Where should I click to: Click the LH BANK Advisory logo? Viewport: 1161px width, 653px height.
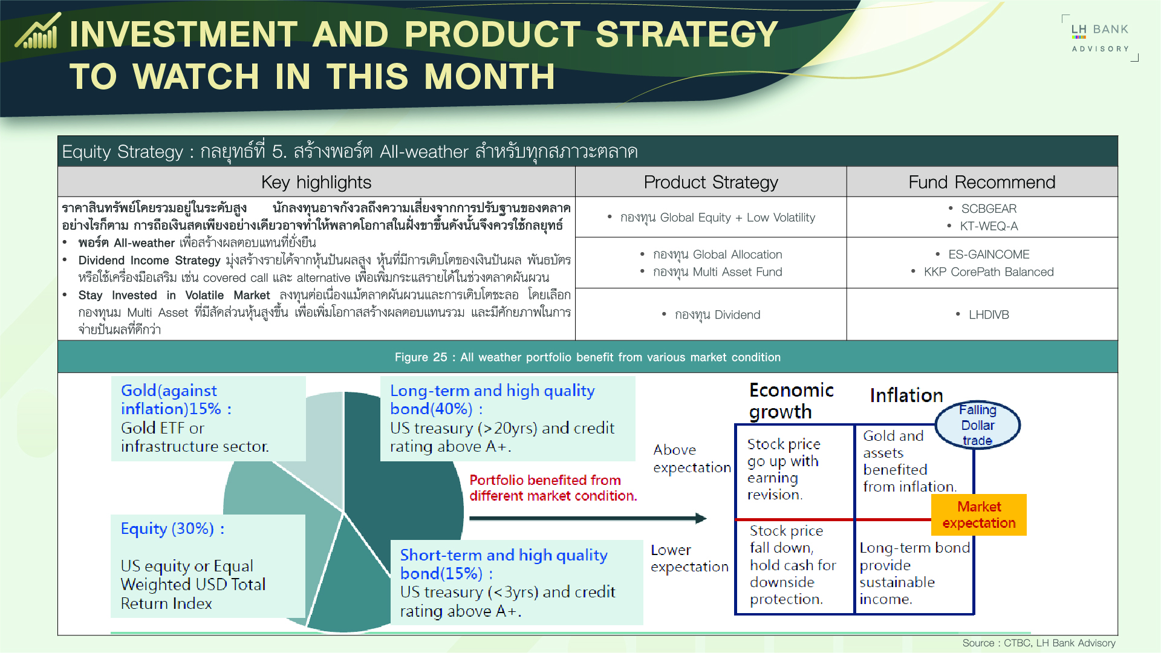(x=1100, y=37)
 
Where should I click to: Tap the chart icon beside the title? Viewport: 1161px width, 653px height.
(x=38, y=31)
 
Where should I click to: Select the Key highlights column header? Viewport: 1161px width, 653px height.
(x=316, y=182)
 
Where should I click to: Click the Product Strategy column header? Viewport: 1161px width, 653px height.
(x=711, y=182)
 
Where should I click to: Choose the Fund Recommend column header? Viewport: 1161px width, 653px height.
(x=981, y=182)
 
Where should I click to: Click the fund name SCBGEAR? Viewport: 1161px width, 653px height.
(x=989, y=209)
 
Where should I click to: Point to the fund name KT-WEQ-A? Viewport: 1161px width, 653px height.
(x=989, y=226)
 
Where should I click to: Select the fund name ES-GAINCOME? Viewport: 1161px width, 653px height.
(x=989, y=255)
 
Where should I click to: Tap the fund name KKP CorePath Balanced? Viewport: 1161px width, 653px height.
(x=989, y=272)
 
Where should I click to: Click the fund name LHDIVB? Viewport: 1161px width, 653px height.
(x=989, y=314)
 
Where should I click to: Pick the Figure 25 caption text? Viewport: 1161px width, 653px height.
(x=587, y=357)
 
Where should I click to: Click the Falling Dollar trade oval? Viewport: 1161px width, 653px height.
(x=977, y=425)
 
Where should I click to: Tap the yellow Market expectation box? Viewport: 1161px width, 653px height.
(x=978, y=515)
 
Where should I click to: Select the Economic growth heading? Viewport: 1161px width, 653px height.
(x=791, y=401)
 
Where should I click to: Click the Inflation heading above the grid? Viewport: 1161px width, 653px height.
(x=906, y=395)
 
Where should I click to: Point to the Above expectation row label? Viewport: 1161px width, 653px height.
(x=691, y=458)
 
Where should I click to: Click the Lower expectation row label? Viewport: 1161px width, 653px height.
(x=689, y=558)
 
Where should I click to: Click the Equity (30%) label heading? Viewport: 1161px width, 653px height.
(x=172, y=529)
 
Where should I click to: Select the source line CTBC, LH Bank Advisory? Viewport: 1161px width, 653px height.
(x=1038, y=643)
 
